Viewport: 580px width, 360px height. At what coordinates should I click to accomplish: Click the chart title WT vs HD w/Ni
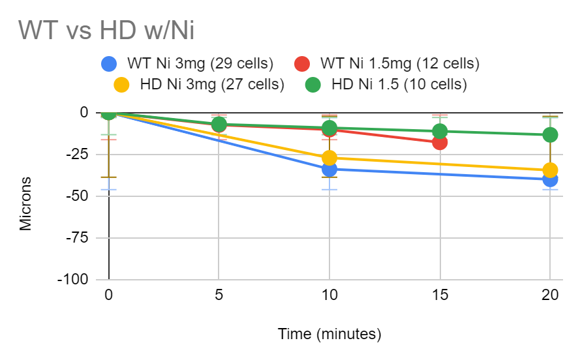tap(106, 30)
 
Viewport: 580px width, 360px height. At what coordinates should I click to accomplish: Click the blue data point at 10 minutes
tap(329, 170)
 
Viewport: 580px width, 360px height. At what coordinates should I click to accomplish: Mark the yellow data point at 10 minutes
tap(329, 158)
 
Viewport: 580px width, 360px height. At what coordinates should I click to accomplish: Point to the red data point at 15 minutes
tap(440, 142)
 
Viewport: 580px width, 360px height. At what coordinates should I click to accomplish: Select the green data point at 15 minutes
tap(440, 131)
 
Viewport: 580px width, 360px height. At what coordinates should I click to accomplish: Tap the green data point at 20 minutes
tap(550, 135)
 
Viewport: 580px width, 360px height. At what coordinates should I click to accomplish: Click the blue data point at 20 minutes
tap(550, 179)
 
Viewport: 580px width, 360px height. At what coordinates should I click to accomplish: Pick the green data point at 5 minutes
tap(219, 124)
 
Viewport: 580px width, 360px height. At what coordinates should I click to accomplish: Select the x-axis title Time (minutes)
tap(329, 335)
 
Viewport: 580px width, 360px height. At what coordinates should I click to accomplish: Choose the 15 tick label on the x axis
tap(440, 295)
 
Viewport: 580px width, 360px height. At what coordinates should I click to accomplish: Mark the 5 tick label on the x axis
tap(219, 295)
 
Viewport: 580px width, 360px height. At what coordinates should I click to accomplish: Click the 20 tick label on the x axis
tap(550, 295)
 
